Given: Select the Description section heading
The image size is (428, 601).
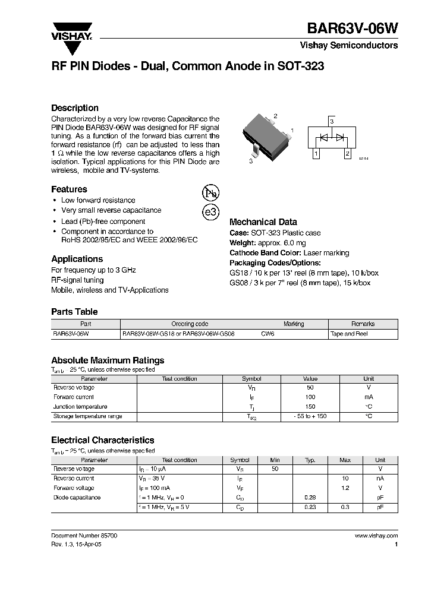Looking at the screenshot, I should pyautogui.click(x=75, y=108).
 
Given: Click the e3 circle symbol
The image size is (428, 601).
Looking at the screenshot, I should pyautogui.click(x=211, y=213).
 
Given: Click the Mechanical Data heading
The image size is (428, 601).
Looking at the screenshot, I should pyautogui.click(x=263, y=222).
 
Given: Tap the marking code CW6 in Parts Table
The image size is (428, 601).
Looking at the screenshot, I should pyautogui.click(x=269, y=334).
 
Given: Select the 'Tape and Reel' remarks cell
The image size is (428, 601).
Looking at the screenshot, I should pyautogui.click(x=349, y=334).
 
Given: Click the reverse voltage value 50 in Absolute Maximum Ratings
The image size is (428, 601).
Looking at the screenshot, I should pyautogui.click(x=310, y=388).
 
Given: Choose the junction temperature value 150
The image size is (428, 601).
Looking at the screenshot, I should pyautogui.click(x=310, y=407).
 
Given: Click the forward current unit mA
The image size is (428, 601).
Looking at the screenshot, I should pyautogui.click(x=369, y=397).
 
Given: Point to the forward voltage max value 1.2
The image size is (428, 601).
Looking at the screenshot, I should pyautogui.click(x=345, y=488).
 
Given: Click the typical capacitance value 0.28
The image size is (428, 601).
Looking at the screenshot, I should pyautogui.click(x=310, y=498).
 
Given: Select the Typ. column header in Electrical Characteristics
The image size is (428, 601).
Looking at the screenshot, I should pyautogui.click(x=310, y=460).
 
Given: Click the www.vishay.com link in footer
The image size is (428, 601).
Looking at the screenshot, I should pyautogui.click(x=376, y=536).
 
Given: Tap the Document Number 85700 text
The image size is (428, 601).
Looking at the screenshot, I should pyautogui.click(x=84, y=536).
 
